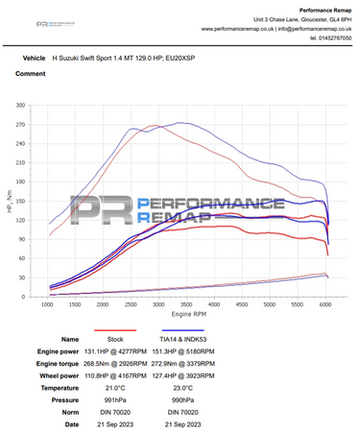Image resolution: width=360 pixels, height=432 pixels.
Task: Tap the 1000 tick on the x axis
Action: pos(47,306)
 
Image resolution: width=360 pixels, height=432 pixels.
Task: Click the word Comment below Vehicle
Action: pos(30,73)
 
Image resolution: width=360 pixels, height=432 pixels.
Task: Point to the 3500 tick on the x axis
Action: pos(185,306)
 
